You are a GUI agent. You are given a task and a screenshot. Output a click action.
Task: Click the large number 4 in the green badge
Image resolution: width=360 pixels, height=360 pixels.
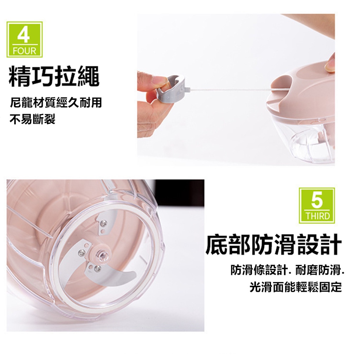point(24,35)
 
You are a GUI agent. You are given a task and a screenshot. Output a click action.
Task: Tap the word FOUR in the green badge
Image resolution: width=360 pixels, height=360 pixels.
point(24,51)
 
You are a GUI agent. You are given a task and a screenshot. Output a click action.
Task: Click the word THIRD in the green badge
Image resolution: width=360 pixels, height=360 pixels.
point(317,216)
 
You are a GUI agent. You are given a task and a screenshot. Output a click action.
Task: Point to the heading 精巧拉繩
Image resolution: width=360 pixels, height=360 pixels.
point(54,76)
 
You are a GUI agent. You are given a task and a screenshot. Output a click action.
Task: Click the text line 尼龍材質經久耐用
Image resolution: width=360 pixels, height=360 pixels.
point(56,102)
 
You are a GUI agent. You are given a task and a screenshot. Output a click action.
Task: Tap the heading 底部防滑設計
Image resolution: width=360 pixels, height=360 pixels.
point(274,244)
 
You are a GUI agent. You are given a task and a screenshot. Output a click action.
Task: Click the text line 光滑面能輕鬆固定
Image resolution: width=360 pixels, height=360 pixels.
point(296,287)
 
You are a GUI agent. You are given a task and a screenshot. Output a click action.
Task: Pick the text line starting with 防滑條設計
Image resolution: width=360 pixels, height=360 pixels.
point(288,270)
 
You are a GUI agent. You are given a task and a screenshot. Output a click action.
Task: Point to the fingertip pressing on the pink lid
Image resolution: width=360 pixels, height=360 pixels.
point(330,64)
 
